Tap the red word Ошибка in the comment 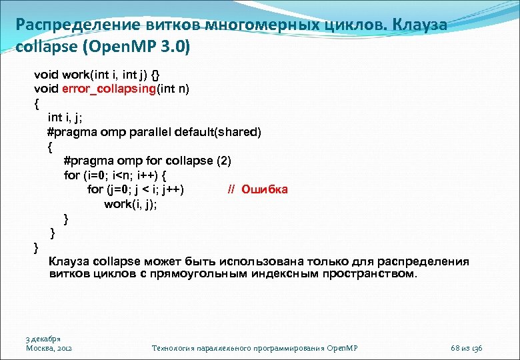[x=265, y=189]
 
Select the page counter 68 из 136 [x=467, y=349]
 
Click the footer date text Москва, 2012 [x=49, y=349]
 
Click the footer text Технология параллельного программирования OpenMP [x=255, y=349]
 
